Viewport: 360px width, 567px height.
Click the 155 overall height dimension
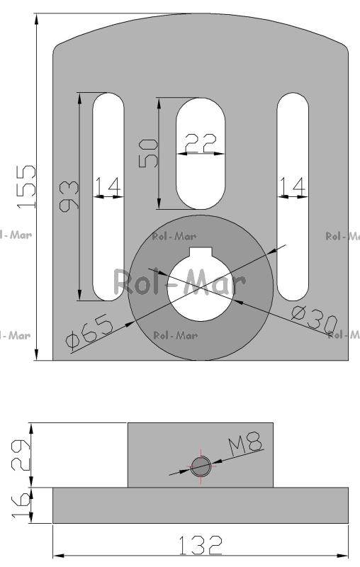(x=26, y=186)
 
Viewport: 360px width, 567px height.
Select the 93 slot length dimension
(x=69, y=196)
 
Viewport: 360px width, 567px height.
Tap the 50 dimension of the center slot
(x=149, y=153)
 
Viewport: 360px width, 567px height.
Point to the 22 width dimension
(x=201, y=143)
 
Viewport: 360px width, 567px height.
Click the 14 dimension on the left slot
(x=108, y=186)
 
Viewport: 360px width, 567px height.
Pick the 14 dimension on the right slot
(x=293, y=186)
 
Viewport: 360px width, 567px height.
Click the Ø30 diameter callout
(x=314, y=320)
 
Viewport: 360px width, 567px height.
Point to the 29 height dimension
(x=21, y=454)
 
